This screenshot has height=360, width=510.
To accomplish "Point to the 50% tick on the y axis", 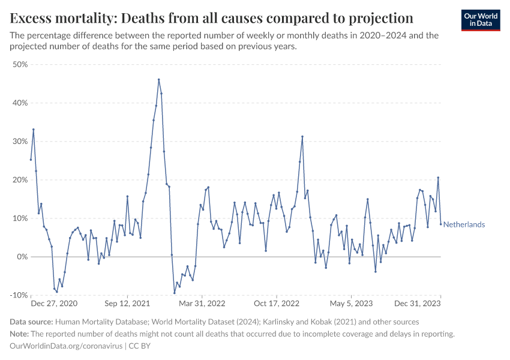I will tap(20, 65).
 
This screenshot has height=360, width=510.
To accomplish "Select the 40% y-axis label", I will tap(20, 103).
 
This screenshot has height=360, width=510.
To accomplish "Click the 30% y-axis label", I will tap(20, 142).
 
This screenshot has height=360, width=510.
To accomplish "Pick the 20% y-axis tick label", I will tap(20, 180).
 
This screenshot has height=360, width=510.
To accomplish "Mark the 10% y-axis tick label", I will tap(20, 218).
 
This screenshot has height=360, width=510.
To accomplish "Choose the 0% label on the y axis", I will tap(22, 257).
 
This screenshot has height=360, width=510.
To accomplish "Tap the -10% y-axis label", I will tap(19, 295).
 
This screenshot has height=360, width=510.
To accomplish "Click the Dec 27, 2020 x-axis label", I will tap(54, 304).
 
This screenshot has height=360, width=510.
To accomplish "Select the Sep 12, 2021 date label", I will tap(128, 304).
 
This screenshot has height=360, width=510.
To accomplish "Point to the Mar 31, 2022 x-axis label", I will tap(202, 304).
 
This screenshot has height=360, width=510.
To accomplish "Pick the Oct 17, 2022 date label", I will tap(276, 304).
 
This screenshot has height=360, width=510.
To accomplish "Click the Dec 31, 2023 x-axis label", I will tap(419, 304).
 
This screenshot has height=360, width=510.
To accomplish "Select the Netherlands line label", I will tap(464, 224).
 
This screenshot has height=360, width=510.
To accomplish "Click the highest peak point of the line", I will tap(158, 79).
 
